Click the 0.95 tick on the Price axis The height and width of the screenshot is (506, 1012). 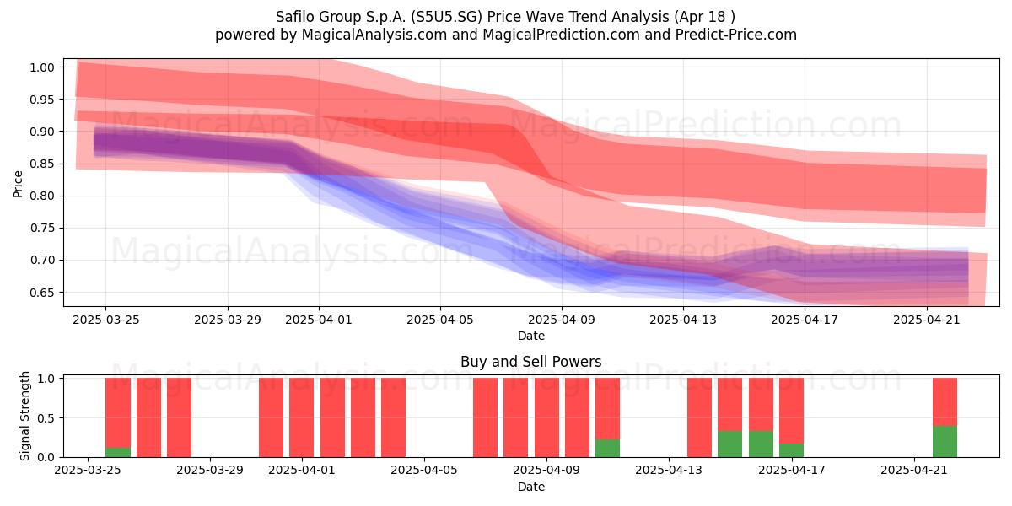[41, 100]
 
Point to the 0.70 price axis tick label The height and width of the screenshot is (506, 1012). [41, 261]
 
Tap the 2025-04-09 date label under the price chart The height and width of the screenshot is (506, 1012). [562, 320]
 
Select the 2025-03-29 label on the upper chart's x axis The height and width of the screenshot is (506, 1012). [228, 320]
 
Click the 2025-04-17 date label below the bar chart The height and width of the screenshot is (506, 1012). [792, 470]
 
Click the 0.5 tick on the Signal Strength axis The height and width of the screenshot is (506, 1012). [46, 418]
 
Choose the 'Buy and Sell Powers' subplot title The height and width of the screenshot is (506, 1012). [530, 362]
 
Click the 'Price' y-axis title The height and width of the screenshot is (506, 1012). [18, 184]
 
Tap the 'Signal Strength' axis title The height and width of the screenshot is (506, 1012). [24, 416]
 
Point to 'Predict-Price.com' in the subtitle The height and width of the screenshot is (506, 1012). [736, 35]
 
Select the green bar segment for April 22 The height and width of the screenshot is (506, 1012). [945, 441]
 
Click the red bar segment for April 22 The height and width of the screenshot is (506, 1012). [945, 402]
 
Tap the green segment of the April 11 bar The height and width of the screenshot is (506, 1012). [608, 448]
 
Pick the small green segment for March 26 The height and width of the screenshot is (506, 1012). [118, 453]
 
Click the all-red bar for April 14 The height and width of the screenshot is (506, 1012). [699, 417]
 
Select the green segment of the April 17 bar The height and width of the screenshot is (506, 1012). [792, 450]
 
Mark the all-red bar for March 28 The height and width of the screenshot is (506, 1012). [179, 417]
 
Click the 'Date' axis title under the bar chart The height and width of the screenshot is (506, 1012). [530, 487]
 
